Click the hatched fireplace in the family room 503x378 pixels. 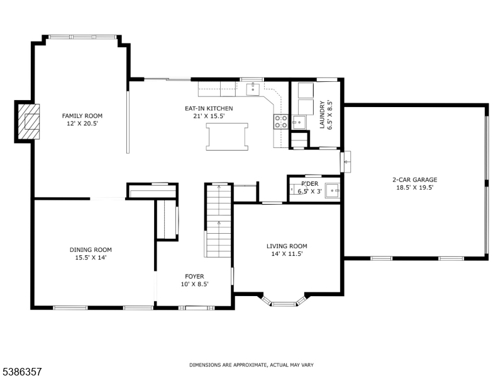(x=28, y=122)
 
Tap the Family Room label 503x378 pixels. (x=82, y=116)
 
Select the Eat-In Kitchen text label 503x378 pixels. (x=209, y=108)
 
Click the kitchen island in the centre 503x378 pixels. (x=227, y=137)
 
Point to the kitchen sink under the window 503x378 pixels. (x=253, y=89)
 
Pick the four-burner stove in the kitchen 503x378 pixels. (x=280, y=122)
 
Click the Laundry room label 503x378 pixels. (x=322, y=115)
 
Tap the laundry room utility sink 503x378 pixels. (x=299, y=122)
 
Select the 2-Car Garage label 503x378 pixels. (x=415, y=180)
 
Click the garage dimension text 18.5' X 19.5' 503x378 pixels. (x=415, y=188)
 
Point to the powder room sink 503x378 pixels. (x=333, y=191)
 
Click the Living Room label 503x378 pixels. (x=287, y=246)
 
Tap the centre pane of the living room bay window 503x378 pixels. (x=284, y=304)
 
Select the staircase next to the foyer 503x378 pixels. (x=218, y=220)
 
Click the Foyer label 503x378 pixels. (x=194, y=277)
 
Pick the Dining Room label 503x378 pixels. (x=91, y=249)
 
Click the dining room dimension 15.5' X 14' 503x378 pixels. (x=91, y=258)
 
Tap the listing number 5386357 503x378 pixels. (x=21, y=372)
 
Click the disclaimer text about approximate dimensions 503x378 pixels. (x=251, y=365)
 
